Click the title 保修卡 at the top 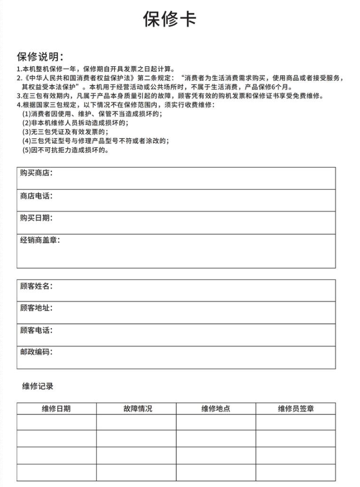169,19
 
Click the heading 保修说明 40,57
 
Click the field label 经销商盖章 40,240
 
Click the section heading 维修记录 38,386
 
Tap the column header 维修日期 57,409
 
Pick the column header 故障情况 137,409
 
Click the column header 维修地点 216,409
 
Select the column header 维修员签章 295,409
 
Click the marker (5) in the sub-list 26,150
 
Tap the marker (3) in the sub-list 26,131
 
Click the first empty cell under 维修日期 57,422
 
